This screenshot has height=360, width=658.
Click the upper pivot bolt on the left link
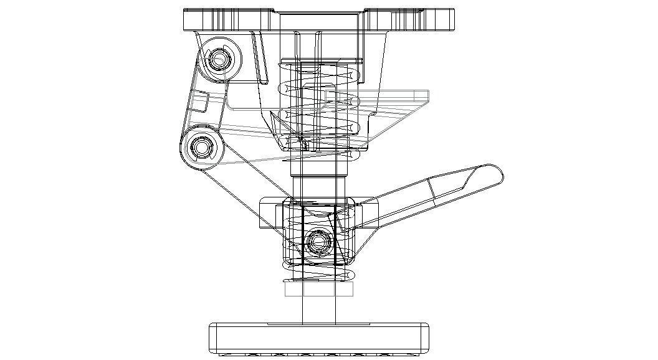219,59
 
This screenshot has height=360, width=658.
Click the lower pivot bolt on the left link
201,148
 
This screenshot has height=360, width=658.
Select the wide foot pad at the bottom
319,338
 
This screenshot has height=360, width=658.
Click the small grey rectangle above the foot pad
319,289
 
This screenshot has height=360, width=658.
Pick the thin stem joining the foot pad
319,308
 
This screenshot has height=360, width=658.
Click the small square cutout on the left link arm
199,102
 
